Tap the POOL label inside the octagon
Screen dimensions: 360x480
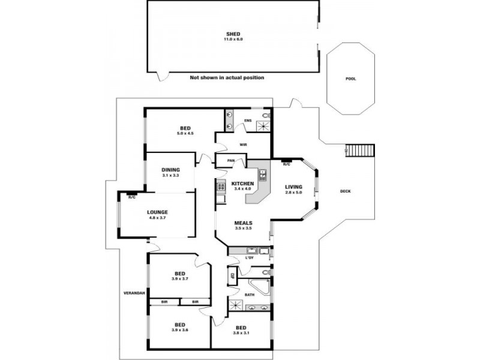(351, 79)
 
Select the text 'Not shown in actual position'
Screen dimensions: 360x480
(227, 77)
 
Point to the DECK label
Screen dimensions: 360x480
(345, 191)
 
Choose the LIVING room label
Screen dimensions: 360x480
(294, 187)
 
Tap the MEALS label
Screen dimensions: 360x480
(242, 223)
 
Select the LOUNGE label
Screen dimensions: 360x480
(157, 212)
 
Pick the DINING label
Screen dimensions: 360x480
(170, 169)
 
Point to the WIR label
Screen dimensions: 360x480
(244, 144)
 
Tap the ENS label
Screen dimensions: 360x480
(247, 121)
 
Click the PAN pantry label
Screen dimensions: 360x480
(231, 160)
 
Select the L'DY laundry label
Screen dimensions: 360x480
(250, 258)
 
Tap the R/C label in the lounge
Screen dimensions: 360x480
(131, 196)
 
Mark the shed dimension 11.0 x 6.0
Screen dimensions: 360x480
(234, 39)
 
